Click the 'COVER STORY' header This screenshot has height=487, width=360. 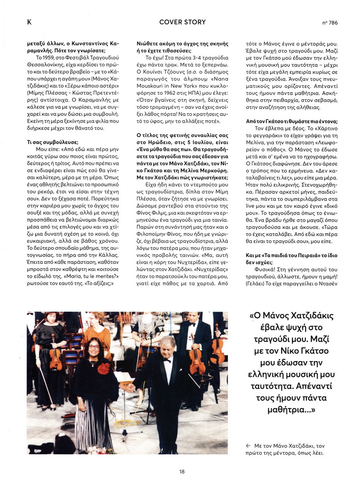182,22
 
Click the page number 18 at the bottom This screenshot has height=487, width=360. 181,471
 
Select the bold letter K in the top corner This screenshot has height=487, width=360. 29,22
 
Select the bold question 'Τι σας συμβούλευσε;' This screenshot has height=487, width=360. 53,142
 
